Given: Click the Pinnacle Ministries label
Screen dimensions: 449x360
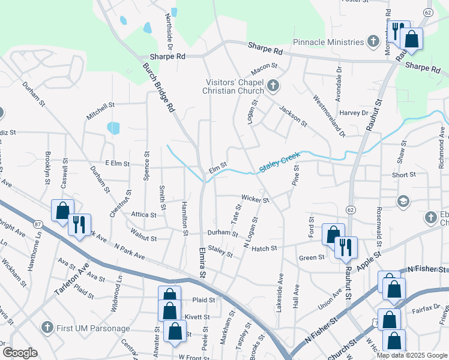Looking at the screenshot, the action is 328,42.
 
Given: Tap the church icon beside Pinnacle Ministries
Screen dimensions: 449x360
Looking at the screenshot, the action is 373,42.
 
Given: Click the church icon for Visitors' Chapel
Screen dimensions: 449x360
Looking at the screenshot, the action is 273,86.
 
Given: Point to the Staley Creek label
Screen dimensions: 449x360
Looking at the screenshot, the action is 279,163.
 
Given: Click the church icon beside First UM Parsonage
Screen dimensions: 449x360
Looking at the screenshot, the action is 47,328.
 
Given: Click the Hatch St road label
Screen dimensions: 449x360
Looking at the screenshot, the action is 264,248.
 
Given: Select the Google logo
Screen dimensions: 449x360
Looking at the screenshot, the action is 20,353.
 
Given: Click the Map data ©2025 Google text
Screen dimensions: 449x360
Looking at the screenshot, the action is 411,355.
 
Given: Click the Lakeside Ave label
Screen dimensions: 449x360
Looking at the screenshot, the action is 279,292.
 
